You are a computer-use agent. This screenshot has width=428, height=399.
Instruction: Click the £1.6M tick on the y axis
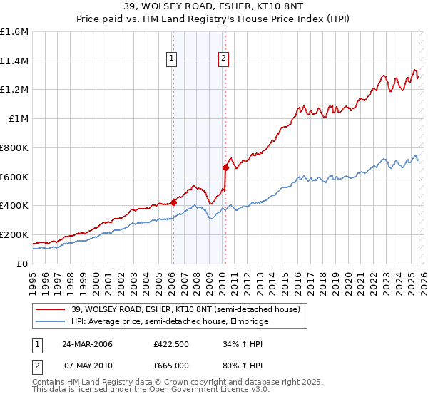coord(15,32)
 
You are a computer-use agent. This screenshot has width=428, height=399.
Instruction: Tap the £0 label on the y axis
coord(24,264)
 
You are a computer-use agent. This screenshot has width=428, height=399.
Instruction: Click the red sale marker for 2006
coord(173,202)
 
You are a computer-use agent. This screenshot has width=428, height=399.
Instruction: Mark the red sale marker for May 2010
coord(225,167)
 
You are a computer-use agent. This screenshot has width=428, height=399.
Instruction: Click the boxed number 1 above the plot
coord(173,59)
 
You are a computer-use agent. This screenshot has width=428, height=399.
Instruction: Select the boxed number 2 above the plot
coord(224,59)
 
